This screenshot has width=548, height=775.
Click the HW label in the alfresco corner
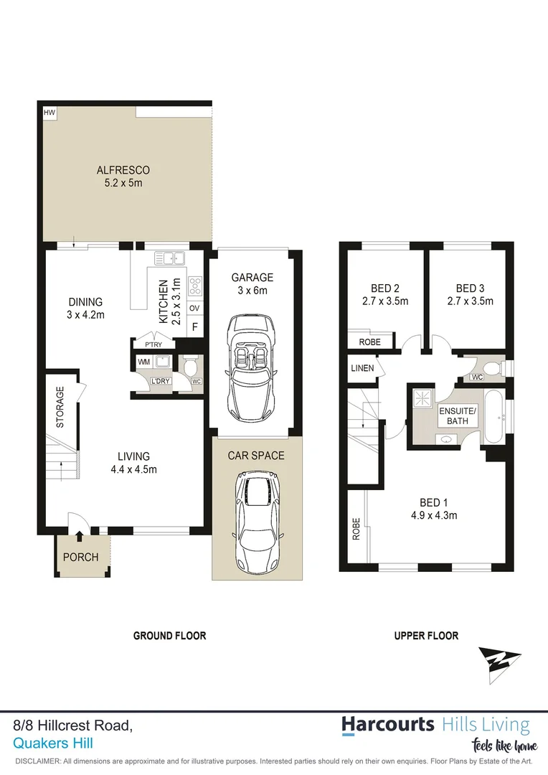click(x=49, y=113)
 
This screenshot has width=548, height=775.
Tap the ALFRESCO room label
click(x=123, y=170)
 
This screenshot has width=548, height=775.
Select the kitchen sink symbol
click(x=171, y=259)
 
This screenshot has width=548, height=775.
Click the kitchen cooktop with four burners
click(x=194, y=286)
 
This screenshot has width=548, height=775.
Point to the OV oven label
click(x=194, y=309)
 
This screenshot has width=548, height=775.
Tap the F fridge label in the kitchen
click(x=194, y=327)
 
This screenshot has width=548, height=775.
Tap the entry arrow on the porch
click(x=79, y=537)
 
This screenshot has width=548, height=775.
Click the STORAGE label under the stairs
click(x=60, y=408)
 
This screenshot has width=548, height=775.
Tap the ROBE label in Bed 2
click(x=369, y=342)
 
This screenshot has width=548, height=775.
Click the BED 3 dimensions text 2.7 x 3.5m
click(x=469, y=301)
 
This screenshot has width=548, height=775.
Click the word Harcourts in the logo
click(x=388, y=724)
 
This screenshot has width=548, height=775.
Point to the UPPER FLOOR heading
click(x=426, y=636)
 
